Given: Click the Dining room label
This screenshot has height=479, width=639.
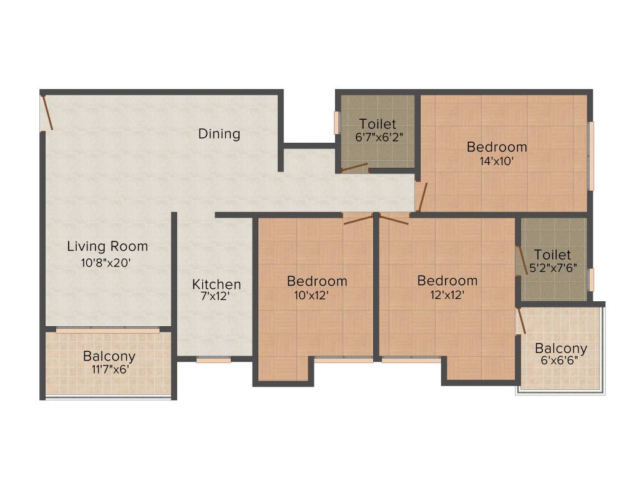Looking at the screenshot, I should coord(219,133).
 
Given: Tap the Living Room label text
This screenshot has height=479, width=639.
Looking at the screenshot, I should coord(107,246).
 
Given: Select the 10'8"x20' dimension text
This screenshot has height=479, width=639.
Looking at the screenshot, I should coord(105,263).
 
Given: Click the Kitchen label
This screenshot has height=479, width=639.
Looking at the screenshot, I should coord(216,284).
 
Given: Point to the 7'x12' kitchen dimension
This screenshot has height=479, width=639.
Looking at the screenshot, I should coord(215,298).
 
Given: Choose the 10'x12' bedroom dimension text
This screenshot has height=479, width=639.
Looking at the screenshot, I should coord(311,296).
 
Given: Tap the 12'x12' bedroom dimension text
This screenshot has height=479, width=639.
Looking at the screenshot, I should coord(447,296).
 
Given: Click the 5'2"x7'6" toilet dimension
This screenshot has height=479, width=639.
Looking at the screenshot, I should coord(552,269).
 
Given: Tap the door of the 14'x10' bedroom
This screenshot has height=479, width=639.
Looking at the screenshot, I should coord(421,196).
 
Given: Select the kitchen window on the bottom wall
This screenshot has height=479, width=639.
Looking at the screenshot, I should coord(213,359).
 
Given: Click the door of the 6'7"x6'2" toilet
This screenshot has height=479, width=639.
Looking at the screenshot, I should coord(354,167).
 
